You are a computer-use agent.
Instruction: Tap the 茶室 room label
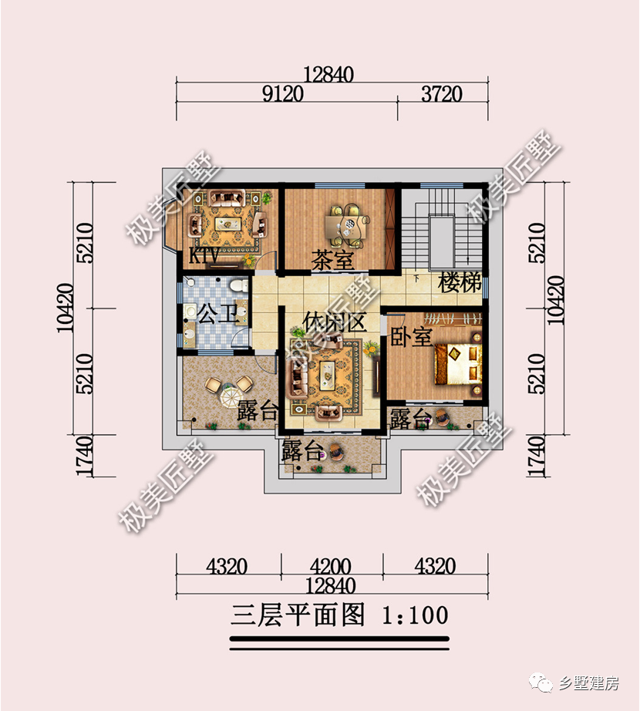tap(332, 260)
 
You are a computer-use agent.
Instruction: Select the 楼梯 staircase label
tap(460, 282)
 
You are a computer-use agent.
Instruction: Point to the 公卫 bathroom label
tap(213, 315)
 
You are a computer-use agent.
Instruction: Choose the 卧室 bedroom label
tap(410, 336)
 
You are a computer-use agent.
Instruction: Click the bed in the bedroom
tap(459, 363)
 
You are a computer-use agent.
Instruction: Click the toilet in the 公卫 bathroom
tap(240, 287)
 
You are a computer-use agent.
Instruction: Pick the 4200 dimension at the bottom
tap(332, 567)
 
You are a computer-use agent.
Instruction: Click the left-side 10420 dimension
tap(65, 308)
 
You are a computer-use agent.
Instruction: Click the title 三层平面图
tap(298, 615)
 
